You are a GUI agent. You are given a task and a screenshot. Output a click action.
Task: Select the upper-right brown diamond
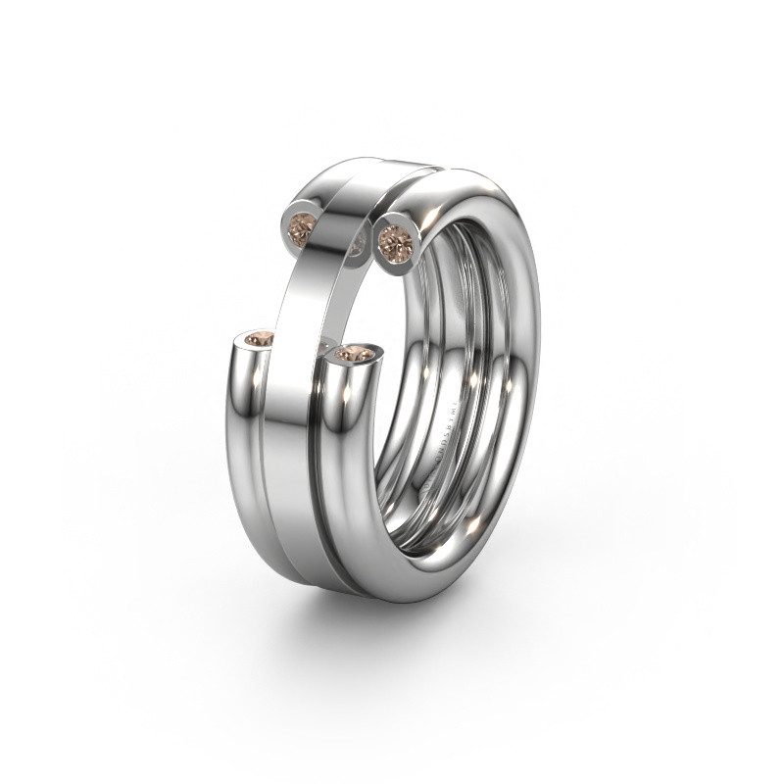[x=395, y=238]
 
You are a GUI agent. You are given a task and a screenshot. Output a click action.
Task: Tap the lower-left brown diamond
[x=258, y=339]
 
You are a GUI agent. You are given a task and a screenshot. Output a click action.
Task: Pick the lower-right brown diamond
[x=355, y=354]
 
